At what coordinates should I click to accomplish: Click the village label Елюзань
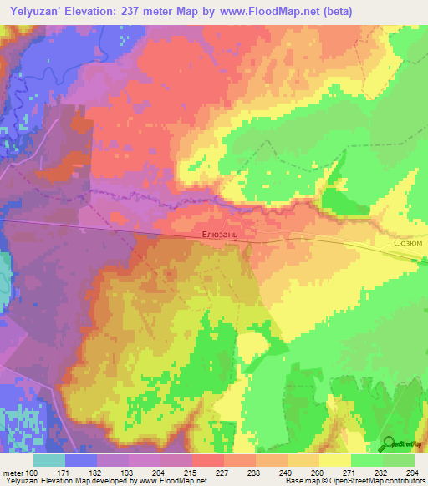click(x=220, y=235)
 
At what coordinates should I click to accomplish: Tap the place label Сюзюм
click(x=407, y=242)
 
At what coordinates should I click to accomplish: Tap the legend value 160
click(x=31, y=473)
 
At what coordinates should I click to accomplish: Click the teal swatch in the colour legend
click(x=49, y=460)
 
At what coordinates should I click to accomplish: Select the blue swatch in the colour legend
click(x=81, y=460)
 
